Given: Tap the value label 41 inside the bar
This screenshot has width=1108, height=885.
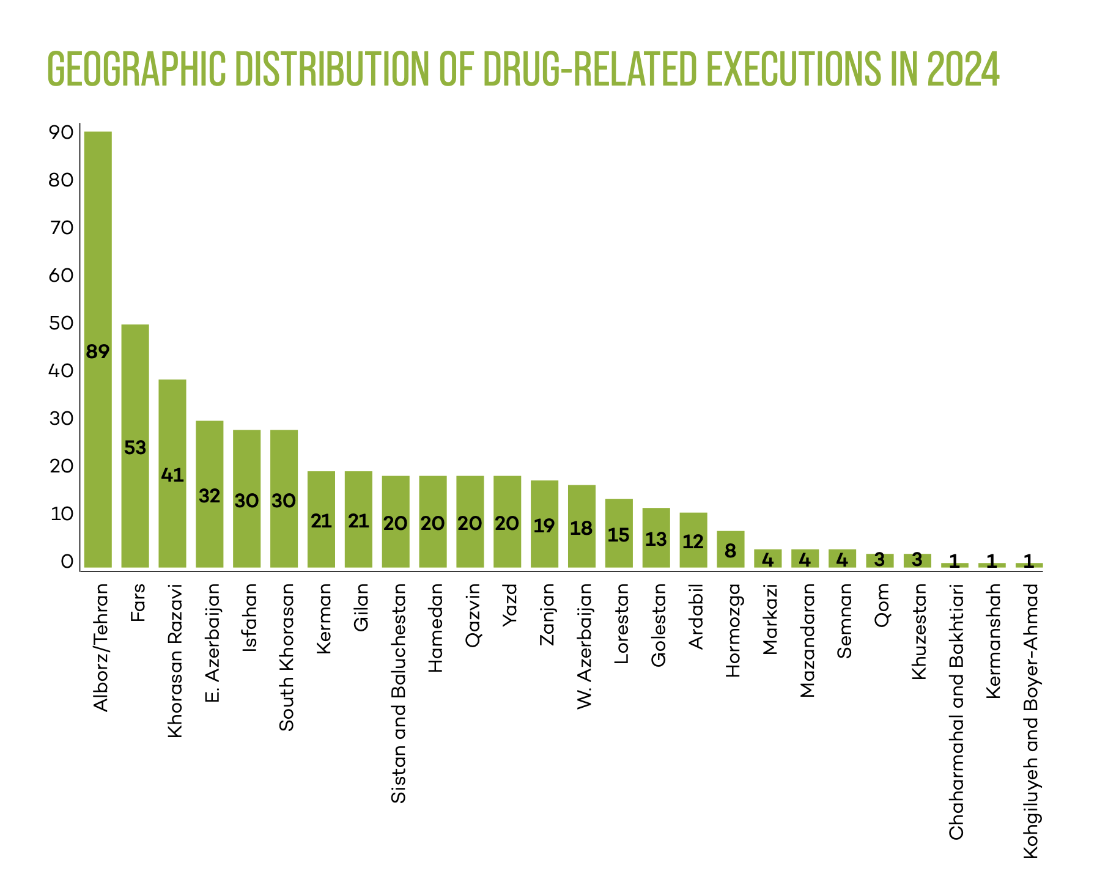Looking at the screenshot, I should pyautogui.click(x=172, y=475).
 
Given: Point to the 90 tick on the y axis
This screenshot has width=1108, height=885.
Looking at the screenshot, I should pyautogui.click(x=61, y=133).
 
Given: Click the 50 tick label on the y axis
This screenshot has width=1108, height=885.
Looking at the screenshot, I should pyautogui.click(x=61, y=323).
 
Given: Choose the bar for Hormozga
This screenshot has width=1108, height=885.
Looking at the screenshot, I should pyautogui.click(x=730, y=549).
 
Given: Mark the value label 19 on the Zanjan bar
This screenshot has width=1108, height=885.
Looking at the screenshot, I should pyautogui.click(x=544, y=526).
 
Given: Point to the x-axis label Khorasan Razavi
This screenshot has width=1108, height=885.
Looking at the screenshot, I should pyautogui.click(x=175, y=660).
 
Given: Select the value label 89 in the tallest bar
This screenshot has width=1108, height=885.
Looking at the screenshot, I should pyautogui.click(x=98, y=352).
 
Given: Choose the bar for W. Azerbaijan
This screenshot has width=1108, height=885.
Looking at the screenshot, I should pyautogui.click(x=582, y=526).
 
